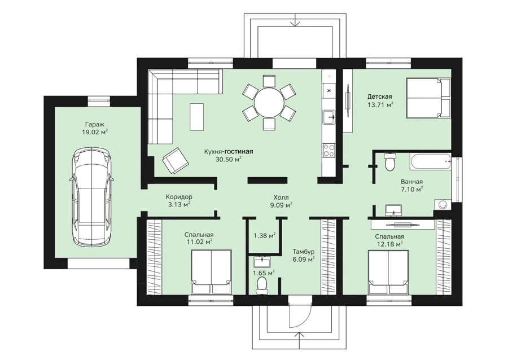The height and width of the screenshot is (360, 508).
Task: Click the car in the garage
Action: click(91, 197)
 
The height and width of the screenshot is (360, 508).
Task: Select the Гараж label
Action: click(95, 124)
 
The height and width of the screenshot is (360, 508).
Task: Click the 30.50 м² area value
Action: click(229, 159)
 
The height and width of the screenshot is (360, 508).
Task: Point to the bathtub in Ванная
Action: click(430, 161)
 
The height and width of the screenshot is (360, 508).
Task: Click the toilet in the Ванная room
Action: click(389, 161)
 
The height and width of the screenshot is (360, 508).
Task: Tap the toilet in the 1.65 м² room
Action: click(261, 286)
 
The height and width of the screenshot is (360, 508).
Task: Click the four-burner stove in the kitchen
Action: click(329, 150)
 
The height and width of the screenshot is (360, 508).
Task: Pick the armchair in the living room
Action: click(176, 160)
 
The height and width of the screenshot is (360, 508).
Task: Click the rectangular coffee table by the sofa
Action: click(196, 117)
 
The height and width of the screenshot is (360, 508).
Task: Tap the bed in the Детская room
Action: click(428, 98)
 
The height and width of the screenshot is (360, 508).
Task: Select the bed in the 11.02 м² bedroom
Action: click(211, 272)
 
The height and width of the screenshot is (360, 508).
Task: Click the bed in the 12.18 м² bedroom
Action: click(388, 273)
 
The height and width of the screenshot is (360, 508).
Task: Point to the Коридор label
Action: click(179, 196)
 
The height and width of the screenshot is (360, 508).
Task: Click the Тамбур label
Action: click(303, 252)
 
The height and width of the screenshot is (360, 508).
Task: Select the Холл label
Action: click(281, 197)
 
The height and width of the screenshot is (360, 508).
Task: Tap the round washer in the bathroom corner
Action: click(442, 205)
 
